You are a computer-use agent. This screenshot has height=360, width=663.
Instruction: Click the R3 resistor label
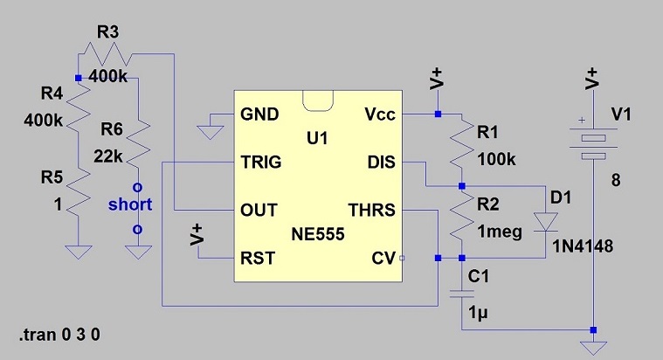click(107, 32)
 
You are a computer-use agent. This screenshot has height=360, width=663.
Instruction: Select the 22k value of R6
click(108, 156)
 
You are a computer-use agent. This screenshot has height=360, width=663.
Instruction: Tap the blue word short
click(130, 204)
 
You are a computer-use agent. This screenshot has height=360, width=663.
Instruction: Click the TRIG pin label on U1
click(261, 162)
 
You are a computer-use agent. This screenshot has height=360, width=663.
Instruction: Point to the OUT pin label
click(259, 210)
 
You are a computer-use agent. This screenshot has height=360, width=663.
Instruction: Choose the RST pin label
click(258, 258)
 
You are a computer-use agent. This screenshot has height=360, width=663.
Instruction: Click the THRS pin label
click(371, 210)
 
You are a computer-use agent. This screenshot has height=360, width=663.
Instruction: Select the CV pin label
click(383, 258)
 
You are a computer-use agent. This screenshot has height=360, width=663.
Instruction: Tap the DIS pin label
click(382, 162)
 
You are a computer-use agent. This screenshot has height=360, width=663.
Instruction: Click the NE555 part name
click(318, 234)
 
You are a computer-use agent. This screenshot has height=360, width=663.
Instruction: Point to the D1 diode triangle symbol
click(545, 222)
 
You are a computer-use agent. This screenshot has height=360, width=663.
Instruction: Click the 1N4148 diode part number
click(584, 246)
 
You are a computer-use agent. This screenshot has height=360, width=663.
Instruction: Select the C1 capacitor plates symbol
click(462, 294)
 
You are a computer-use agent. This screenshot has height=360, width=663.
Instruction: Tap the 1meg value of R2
click(500, 232)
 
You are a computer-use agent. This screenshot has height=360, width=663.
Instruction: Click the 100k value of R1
click(496, 160)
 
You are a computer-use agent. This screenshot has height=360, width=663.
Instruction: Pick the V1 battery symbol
click(594, 144)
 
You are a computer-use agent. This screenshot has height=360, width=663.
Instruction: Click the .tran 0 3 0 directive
click(59, 335)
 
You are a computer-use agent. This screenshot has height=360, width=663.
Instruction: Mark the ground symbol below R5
click(79, 252)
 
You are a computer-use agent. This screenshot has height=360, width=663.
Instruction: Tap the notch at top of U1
click(318, 100)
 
